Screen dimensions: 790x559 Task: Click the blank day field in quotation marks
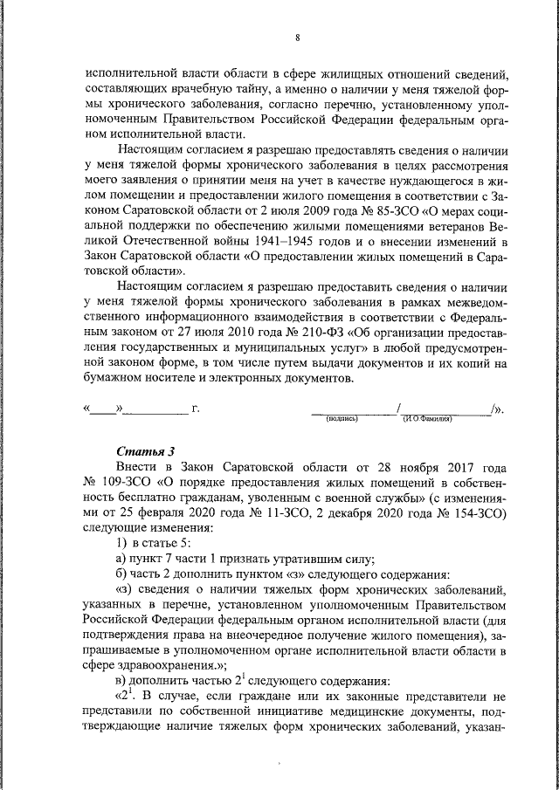click(x=104, y=408)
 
